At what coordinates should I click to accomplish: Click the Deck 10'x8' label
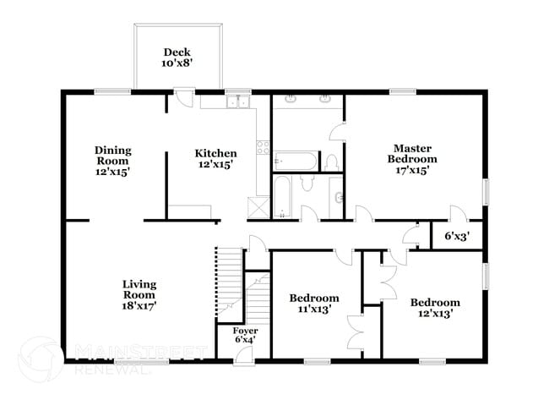177,57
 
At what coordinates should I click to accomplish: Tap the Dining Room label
111,161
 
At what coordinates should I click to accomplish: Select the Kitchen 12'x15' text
215,159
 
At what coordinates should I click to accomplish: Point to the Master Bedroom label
412,158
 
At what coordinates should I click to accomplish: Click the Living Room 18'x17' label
139,290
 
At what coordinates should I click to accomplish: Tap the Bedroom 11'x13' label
314,304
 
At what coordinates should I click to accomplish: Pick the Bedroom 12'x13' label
435,308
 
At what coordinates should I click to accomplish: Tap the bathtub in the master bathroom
296,160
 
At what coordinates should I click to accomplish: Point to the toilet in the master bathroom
333,161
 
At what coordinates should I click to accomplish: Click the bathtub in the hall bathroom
283,195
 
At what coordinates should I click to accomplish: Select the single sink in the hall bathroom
338,198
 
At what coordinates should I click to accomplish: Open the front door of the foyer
242,354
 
